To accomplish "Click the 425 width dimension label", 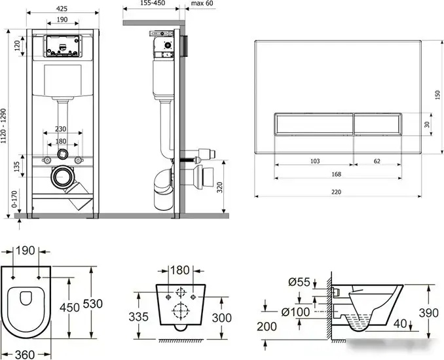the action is pos(62,9).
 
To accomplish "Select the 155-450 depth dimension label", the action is pos(153,3).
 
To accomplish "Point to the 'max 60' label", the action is pos(202,3).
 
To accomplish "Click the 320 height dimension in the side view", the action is pos(220,187).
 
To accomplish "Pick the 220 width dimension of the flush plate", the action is pos(336,192).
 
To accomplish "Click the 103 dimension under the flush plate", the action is pos(315,161).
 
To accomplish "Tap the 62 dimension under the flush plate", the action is pos(377,161).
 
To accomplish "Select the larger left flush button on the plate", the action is pos(314,124).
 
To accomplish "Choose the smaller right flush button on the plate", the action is pos(377,124).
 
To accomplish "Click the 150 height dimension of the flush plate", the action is pos(437,95).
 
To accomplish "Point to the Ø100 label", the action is pos(295,312).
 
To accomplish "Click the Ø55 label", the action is pos(299,282).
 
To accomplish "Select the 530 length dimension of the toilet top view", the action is pos(92,304).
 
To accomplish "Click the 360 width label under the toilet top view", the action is pos(25,354).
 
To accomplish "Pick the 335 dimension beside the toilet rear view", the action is pos(138,317).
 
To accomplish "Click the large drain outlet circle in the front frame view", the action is pos(62,177).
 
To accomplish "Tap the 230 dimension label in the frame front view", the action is pos(61,129).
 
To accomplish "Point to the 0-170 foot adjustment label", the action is pos(14,199).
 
